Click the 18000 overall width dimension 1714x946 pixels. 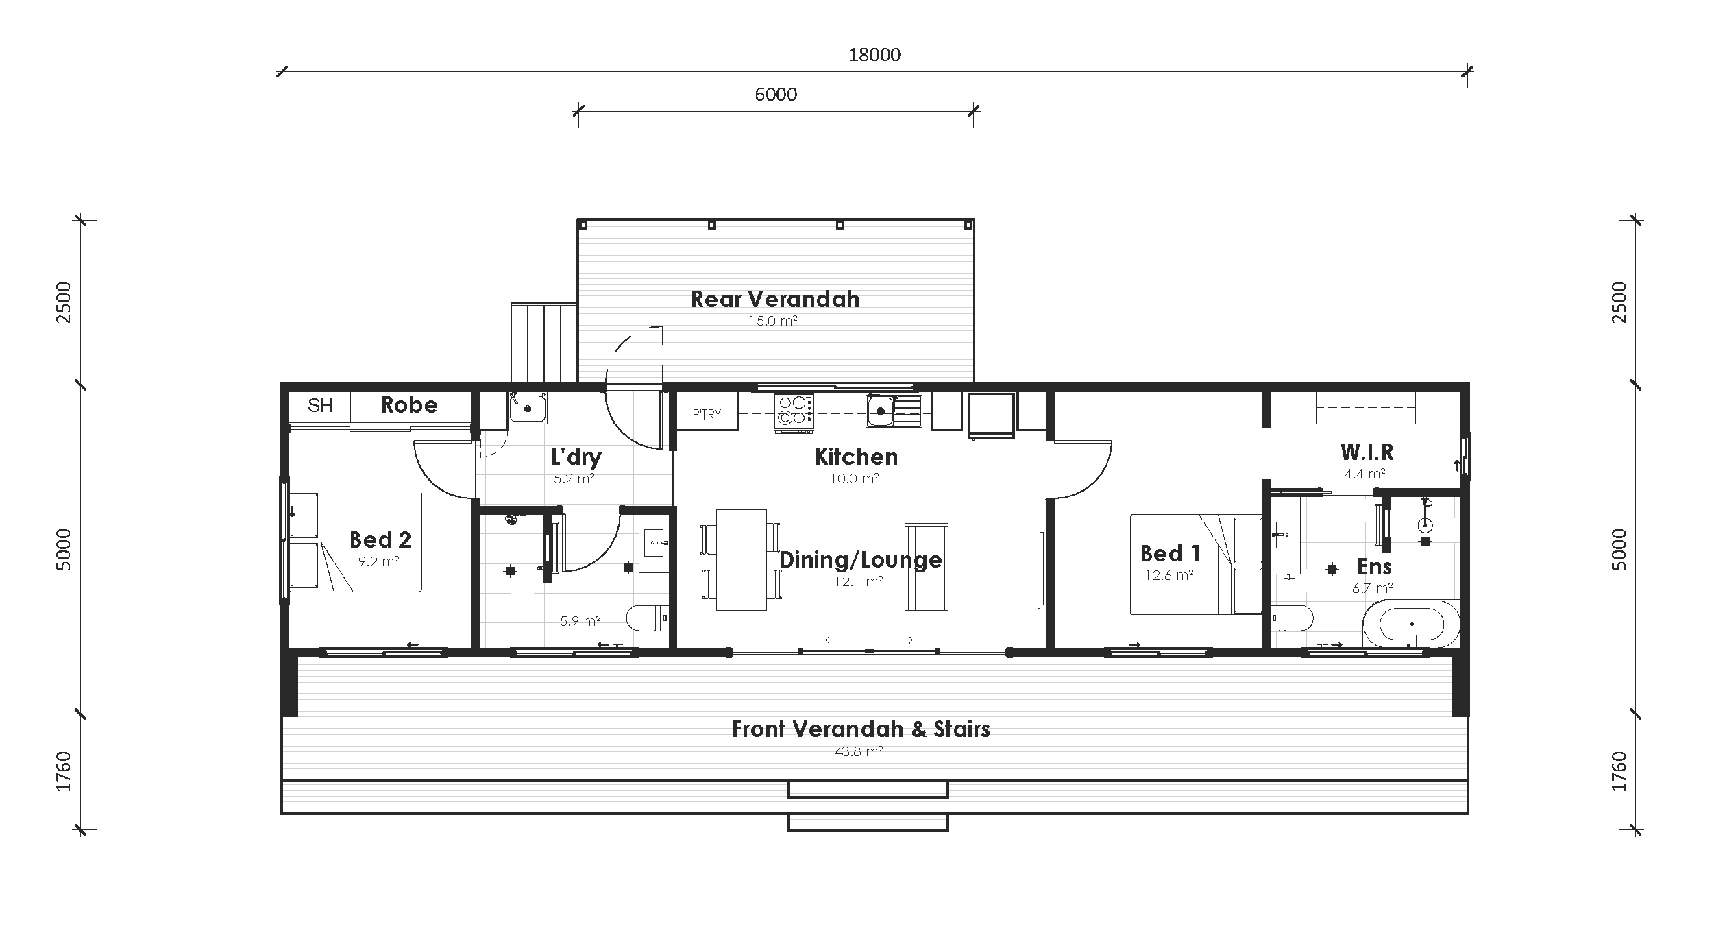(x=874, y=55)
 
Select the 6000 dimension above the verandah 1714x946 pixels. (x=776, y=95)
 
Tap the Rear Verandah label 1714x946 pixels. (x=774, y=300)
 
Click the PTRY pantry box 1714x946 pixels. (x=707, y=414)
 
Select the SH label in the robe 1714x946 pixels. (x=320, y=406)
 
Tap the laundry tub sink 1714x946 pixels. (x=527, y=408)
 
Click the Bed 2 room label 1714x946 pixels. (x=380, y=540)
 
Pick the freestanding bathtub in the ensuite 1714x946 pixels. (x=1411, y=624)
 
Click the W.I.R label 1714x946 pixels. (x=1367, y=452)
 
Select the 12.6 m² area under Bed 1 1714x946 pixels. (x=1169, y=576)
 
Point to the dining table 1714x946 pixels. (x=741, y=559)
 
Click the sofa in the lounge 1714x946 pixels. (x=927, y=568)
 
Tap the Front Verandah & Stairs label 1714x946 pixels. (x=861, y=729)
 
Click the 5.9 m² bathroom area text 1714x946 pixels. (x=580, y=622)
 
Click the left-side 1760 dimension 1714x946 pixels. (x=63, y=772)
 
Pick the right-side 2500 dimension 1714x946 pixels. (x=1619, y=302)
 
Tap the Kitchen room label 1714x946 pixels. (x=856, y=457)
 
